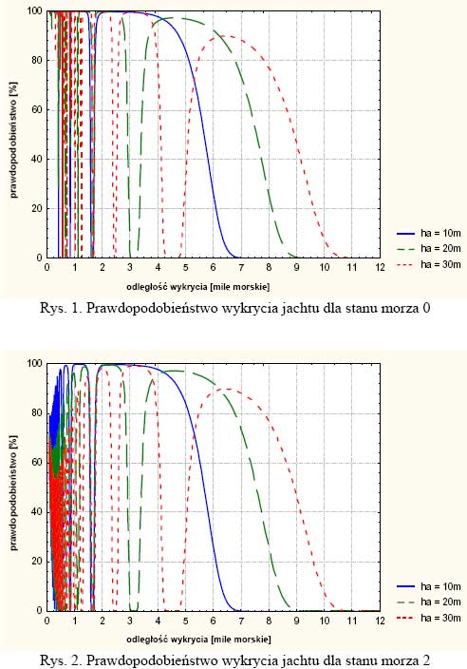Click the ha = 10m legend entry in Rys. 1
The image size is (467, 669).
[x=429, y=234]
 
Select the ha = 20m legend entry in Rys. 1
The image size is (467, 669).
[x=429, y=248]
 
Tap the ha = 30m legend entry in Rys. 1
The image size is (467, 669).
[x=429, y=264]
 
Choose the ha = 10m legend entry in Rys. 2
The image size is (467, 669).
[x=429, y=586]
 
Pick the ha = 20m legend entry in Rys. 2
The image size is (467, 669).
[x=429, y=602]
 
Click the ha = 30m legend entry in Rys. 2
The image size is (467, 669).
[x=429, y=618]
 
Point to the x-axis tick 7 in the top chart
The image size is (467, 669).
[x=241, y=268]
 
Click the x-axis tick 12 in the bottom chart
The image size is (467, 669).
[x=380, y=621]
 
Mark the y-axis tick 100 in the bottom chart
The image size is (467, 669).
[x=34, y=364]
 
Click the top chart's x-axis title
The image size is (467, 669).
[x=198, y=287]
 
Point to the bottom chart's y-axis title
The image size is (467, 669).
[x=13, y=493]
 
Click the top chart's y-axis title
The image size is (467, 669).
[x=13, y=140]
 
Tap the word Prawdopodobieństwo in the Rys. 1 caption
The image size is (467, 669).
[x=143, y=308]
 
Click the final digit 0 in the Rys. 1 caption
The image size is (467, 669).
[x=426, y=308]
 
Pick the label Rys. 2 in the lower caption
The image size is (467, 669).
[x=61, y=660]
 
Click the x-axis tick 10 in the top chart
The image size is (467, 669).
[x=325, y=268]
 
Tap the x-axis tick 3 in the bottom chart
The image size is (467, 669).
[x=130, y=621]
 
